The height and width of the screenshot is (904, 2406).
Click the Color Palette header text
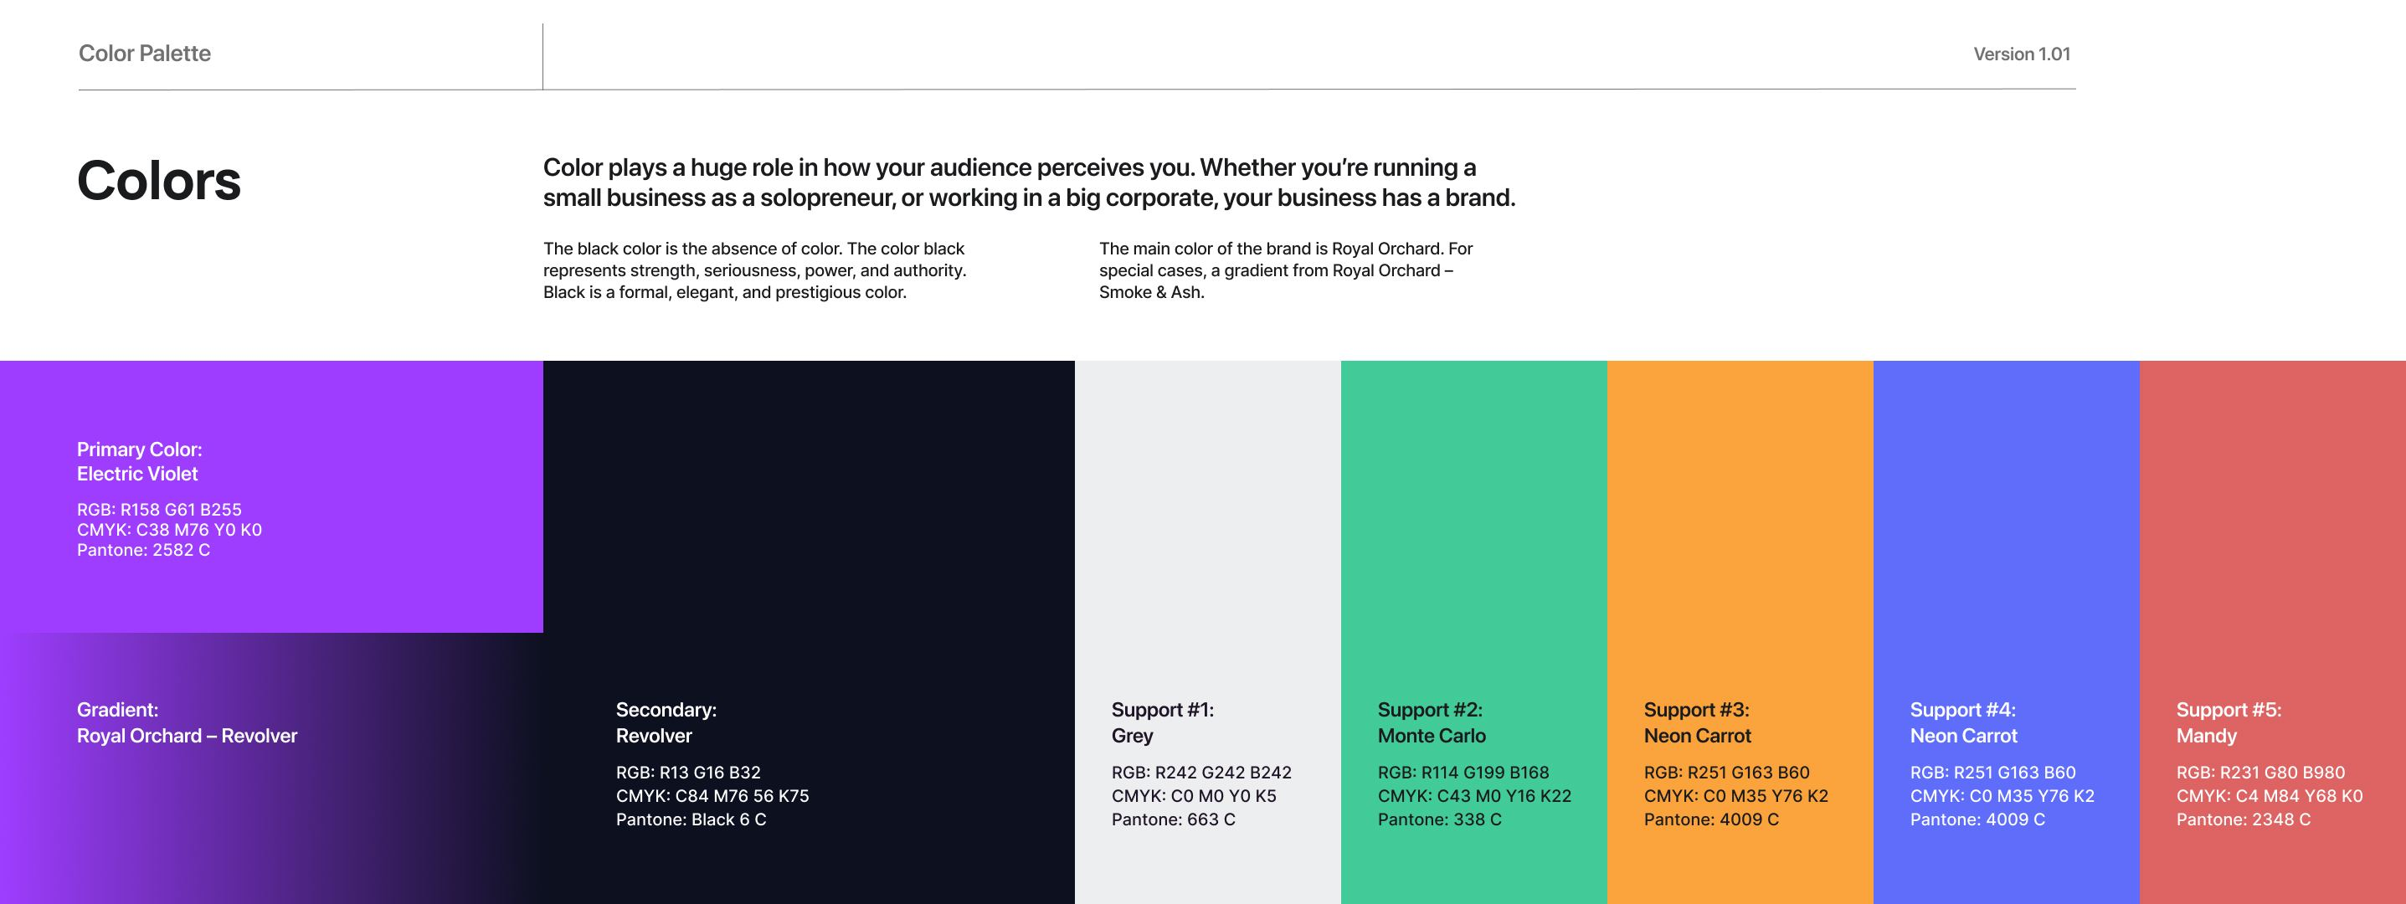(x=145, y=54)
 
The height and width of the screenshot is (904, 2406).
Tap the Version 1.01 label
(x=2021, y=54)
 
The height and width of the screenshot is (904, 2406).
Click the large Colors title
(x=159, y=180)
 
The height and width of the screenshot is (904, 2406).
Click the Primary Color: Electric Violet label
(x=139, y=461)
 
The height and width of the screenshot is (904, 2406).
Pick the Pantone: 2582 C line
(x=143, y=550)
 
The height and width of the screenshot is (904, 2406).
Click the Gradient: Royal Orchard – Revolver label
(x=187, y=723)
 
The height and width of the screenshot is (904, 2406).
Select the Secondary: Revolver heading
(x=666, y=723)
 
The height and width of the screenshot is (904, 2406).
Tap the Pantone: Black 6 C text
(x=691, y=819)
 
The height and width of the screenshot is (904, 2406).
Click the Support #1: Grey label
(x=1163, y=723)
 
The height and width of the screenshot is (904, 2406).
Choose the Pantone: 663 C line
(x=1173, y=819)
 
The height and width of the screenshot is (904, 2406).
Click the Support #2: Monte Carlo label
(x=1432, y=723)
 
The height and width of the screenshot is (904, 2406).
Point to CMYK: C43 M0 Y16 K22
(x=1475, y=796)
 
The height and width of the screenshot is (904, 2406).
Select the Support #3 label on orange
(x=1697, y=723)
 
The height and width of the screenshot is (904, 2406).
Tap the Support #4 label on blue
(x=1963, y=723)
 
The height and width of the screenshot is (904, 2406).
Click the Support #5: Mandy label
(x=2229, y=723)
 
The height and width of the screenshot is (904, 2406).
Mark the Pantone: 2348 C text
(x=2244, y=819)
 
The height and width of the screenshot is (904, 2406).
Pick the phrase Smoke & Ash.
(x=1152, y=292)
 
